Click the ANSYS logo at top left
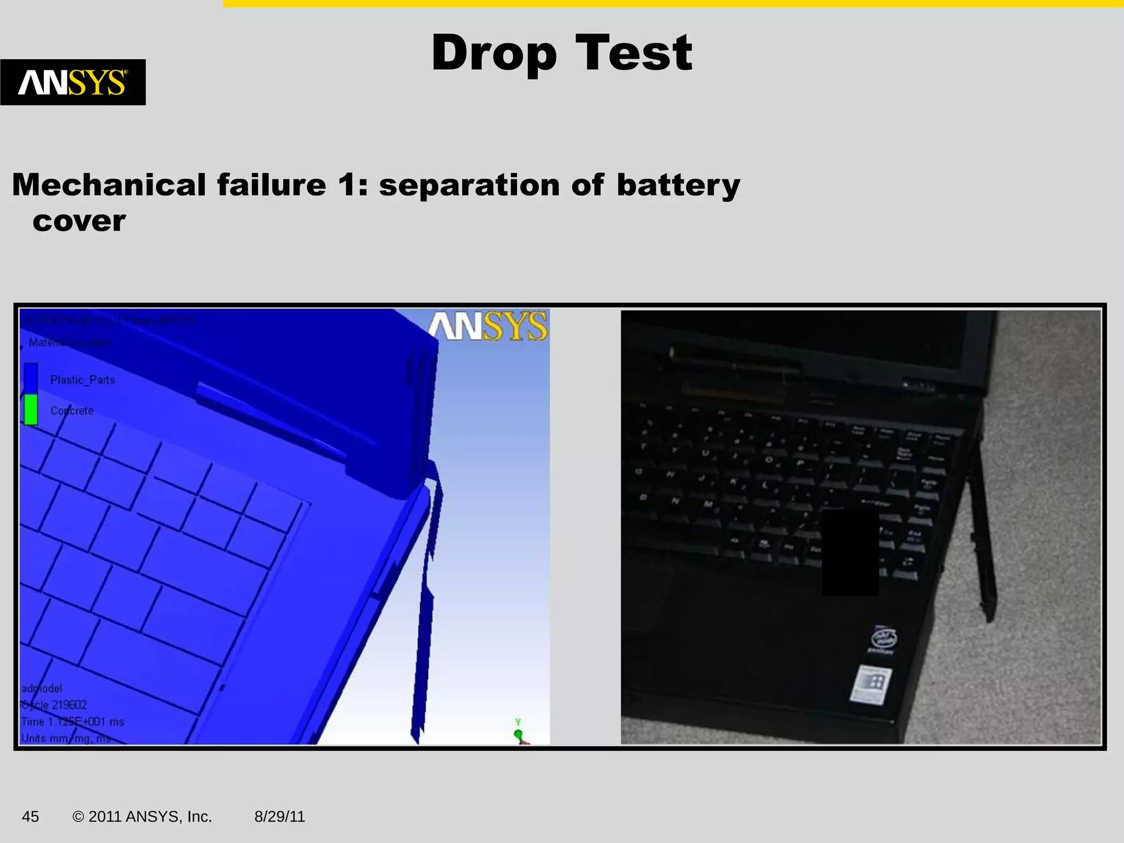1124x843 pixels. click(72, 82)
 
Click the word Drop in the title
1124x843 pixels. click(493, 53)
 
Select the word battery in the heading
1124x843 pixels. click(678, 185)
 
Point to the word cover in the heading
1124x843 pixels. click(79, 221)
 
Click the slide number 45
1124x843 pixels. click(30, 817)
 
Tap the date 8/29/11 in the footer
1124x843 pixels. click(279, 817)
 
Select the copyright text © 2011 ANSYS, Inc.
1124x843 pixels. click(142, 817)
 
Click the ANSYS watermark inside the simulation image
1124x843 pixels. click(487, 327)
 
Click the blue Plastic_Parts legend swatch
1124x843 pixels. click(31, 379)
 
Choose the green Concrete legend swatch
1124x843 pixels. click(31, 410)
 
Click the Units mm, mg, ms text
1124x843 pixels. click(66, 738)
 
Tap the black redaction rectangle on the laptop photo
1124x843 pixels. click(850, 552)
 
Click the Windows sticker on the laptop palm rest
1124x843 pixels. click(871, 684)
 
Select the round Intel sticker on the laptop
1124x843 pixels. click(884, 639)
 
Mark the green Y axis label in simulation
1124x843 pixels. click(518, 722)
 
